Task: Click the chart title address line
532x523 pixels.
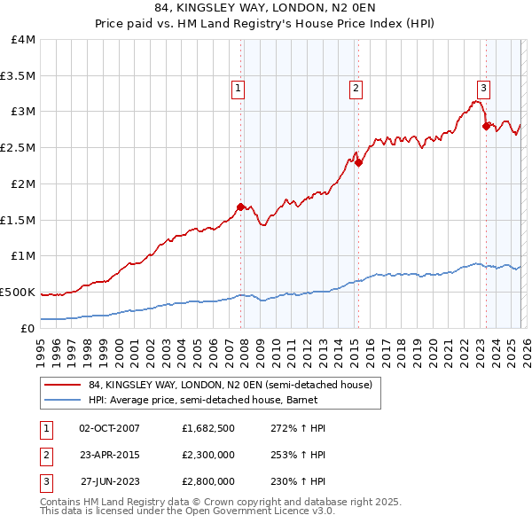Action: [266, 8]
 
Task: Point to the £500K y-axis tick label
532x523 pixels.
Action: [18, 292]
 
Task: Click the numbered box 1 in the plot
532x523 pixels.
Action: [239, 88]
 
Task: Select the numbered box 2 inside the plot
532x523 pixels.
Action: [356, 88]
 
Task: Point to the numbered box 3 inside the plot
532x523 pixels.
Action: [483, 88]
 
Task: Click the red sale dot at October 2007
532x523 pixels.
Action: [240, 207]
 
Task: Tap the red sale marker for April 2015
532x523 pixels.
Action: [358, 162]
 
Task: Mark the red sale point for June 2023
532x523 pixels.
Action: [486, 126]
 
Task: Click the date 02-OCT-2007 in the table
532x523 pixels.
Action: [110, 428]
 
